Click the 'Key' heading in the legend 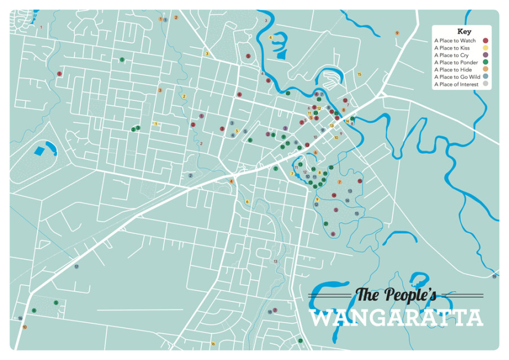point(464,32)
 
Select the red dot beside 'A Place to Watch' point(485,41)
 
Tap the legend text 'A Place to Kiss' point(453,48)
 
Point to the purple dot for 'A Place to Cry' point(485,55)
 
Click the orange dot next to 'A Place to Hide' point(485,70)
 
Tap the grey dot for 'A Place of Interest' point(485,85)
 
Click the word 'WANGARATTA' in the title point(396,318)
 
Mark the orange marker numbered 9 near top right point(397,33)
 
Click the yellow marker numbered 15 point(359,74)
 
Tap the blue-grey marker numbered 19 point(494,277)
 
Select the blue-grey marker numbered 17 point(76,266)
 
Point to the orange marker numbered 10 point(24,327)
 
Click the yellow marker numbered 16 point(212,344)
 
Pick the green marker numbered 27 point(300,340)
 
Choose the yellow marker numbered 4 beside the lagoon point(270,38)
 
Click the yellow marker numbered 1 point(155,124)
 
